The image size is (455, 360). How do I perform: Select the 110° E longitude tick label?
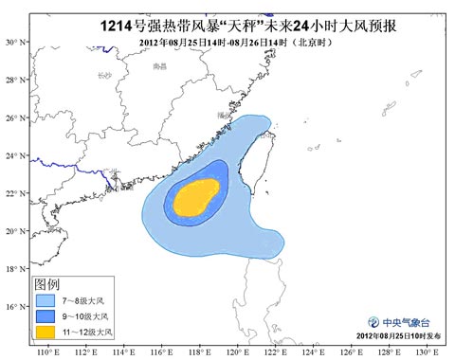[45, 352]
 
